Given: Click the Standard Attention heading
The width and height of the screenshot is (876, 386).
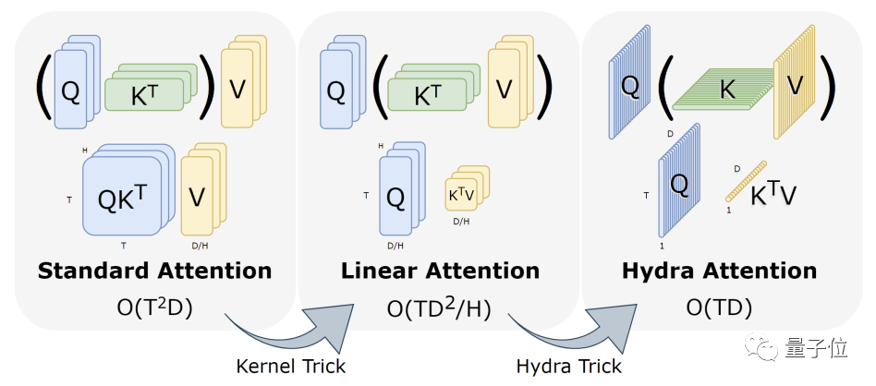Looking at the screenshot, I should (x=154, y=271).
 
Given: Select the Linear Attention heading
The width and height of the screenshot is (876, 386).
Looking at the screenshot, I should (x=440, y=271).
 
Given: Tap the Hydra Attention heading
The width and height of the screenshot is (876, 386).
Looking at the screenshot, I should (x=718, y=271).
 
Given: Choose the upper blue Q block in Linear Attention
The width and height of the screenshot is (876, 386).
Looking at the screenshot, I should (x=337, y=89).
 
